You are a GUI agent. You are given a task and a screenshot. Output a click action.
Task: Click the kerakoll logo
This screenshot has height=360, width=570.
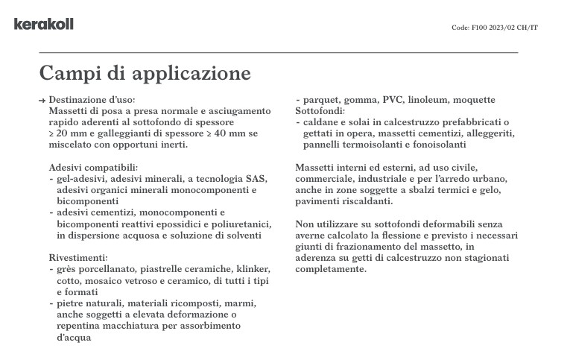coord(43,24)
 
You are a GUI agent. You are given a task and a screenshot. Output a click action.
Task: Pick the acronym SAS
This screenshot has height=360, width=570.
coord(255,179)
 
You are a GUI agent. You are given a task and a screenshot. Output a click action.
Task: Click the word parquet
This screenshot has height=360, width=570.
coord(320,100)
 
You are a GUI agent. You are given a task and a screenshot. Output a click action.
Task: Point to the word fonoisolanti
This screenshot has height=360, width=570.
coord(436,144)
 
